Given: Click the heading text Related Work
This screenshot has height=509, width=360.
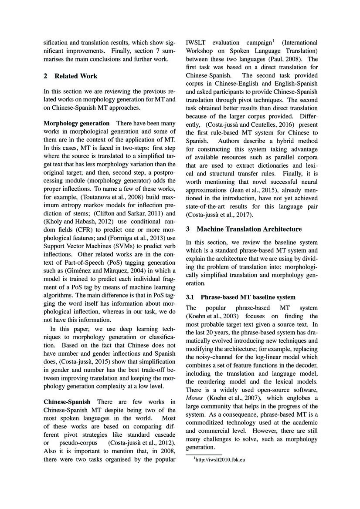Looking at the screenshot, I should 76,76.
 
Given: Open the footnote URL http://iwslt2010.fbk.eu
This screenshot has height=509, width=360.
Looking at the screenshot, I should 219,459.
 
